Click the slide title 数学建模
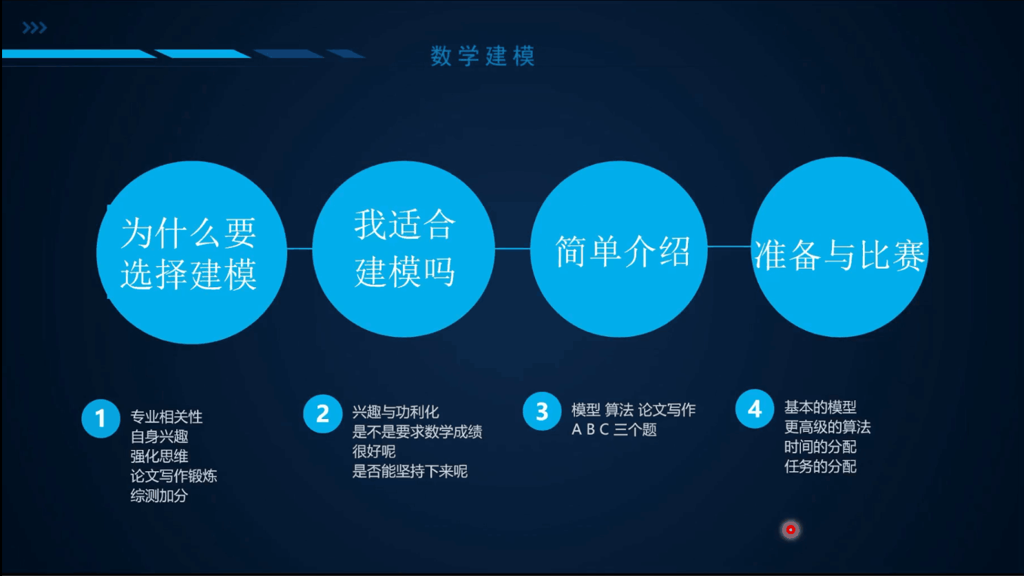click(482, 56)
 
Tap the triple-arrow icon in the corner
click(34, 28)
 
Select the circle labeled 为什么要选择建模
click(191, 252)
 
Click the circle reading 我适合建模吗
click(404, 249)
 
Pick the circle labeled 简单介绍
click(619, 249)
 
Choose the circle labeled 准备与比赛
click(839, 247)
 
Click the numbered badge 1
click(101, 418)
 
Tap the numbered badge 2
click(322, 414)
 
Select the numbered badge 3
click(542, 411)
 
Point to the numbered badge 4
click(755, 409)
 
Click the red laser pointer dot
click(791, 530)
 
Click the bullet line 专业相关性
click(167, 417)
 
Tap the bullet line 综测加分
click(159, 495)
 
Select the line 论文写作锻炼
click(174, 476)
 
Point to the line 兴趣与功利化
click(395, 412)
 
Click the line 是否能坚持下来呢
click(410, 471)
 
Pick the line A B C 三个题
click(614, 430)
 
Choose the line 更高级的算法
click(827, 427)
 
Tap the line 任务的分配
click(820, 466)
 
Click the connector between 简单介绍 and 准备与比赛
click(729, 246)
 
